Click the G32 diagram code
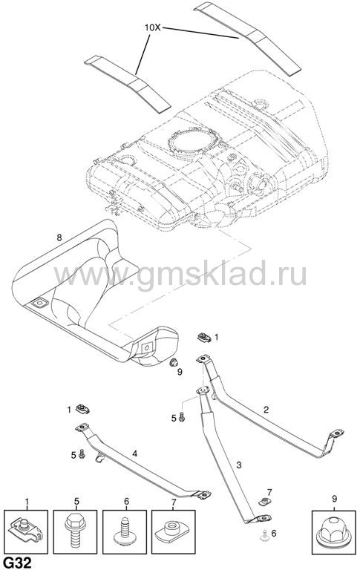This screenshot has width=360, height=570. click(x=17, y=564)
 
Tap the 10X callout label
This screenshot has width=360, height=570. click(x=153, y=27)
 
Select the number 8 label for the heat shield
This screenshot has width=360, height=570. click(x=59, y=237)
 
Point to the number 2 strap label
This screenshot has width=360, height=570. click(x=266, y=410)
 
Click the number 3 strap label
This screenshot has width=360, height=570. click(x=238, y=465)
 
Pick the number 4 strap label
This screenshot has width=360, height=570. click(x=134, y=453)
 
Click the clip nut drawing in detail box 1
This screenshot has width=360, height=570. click(x=25, y=532)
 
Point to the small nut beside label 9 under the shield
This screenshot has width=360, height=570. click(x=174, y=362)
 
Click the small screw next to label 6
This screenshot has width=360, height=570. click(x=264, y=534)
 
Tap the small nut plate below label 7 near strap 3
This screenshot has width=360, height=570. click(x=266, y=502)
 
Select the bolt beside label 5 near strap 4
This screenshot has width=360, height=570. click(x=82, y=453)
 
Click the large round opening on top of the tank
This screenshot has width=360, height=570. click(x=194, y=142)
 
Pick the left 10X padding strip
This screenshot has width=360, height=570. click(x=127, y=83)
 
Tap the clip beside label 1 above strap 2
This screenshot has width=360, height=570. click(x=204, y=338)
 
